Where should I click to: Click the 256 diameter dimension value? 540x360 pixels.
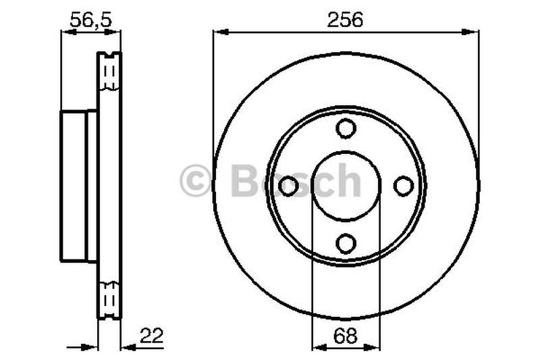[345, 20]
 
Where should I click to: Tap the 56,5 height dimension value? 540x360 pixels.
[91, 20]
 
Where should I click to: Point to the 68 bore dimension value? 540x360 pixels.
[346, 336]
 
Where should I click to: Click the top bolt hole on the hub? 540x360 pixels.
[346, 128]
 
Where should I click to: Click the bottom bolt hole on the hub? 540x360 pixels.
[346, 244]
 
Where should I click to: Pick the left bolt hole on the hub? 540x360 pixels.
[288, 186]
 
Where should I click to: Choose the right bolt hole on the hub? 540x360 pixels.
[403, 186]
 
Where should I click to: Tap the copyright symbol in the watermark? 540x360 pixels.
[195, 180]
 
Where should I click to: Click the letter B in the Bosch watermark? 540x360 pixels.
[244, 180]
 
